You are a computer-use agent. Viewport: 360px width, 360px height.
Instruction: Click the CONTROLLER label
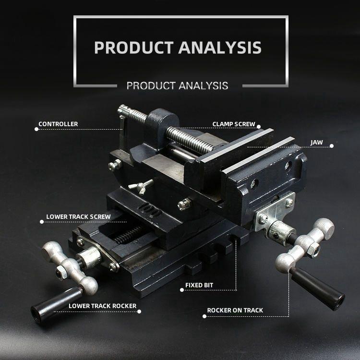[x=58, y=124]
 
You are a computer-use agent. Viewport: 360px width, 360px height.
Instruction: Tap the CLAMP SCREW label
[x=234, y=124]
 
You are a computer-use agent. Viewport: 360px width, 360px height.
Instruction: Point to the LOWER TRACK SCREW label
[x=78, y=216]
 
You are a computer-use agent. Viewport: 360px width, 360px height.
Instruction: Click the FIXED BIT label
[x=199, y=285]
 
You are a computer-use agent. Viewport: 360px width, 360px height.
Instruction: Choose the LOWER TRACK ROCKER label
[x=102, y=306]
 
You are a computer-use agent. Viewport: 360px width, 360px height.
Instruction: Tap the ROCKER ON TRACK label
[x=235, y=310]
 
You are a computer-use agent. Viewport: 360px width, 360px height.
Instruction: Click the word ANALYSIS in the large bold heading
[x=220, y=48]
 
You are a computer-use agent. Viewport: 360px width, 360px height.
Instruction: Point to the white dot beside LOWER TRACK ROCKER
[x=139, y=311]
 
